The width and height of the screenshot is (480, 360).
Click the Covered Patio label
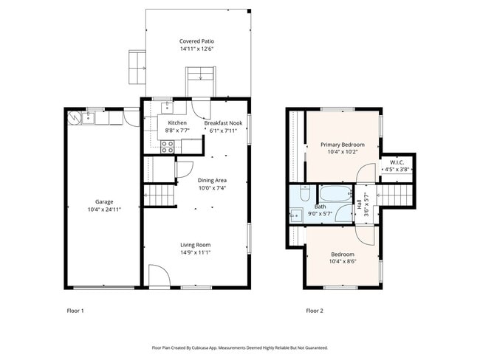[196, 41]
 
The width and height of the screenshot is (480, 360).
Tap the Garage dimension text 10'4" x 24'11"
[104, 210]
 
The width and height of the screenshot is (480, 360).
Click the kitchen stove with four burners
[168, 147]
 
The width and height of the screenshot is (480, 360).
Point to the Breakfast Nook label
[223, 123]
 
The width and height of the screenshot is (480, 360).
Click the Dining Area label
[212, 181]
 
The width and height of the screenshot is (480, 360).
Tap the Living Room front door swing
[160, 275]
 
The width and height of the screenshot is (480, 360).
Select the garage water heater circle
[74, 117]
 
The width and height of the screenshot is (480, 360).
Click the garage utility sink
[88, 118]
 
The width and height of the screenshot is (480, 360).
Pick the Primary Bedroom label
[343, 145]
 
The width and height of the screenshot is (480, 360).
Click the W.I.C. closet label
[397, 162]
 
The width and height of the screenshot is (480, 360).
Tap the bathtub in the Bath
[336, 193]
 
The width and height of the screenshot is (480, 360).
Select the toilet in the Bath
[305, 193]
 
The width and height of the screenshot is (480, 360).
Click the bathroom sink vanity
[296, 215]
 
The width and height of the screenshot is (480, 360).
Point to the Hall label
[359, 204]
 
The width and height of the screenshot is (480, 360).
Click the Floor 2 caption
[315, 311]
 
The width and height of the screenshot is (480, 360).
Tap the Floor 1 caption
[75, 311]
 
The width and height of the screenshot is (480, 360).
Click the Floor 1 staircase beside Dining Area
[160, 195]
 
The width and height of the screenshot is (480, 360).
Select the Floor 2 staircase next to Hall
[395, 195]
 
